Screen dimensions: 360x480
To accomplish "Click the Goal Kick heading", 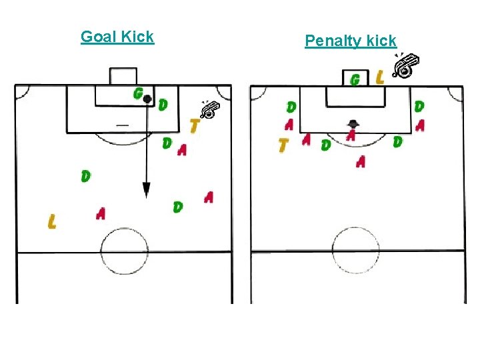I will pos(117,37).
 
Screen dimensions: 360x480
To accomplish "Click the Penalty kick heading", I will pos(351,41).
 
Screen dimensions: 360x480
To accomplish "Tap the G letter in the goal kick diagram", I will pos(138,93).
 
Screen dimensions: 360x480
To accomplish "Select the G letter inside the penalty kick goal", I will pos(355,79).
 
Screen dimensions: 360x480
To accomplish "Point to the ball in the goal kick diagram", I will pos(147,99).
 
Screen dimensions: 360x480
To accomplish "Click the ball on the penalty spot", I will pos(353,123).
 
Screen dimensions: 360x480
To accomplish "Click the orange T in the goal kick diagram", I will pos(195,125).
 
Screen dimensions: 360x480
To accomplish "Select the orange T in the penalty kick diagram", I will pos(284,144).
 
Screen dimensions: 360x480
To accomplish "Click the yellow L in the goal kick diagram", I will pos(52,221).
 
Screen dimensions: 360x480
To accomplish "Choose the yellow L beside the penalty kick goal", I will pos(379,78).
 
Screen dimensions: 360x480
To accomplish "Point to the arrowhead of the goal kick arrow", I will pos(145,192).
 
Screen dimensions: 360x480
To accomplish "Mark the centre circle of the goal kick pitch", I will pos(124,251).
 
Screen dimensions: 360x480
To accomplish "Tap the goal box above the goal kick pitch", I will pos(123,75).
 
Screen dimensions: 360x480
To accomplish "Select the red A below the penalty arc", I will pos(361,161).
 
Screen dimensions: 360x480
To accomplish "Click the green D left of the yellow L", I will pos(85,176).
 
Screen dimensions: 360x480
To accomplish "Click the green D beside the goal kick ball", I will pos(163,105).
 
